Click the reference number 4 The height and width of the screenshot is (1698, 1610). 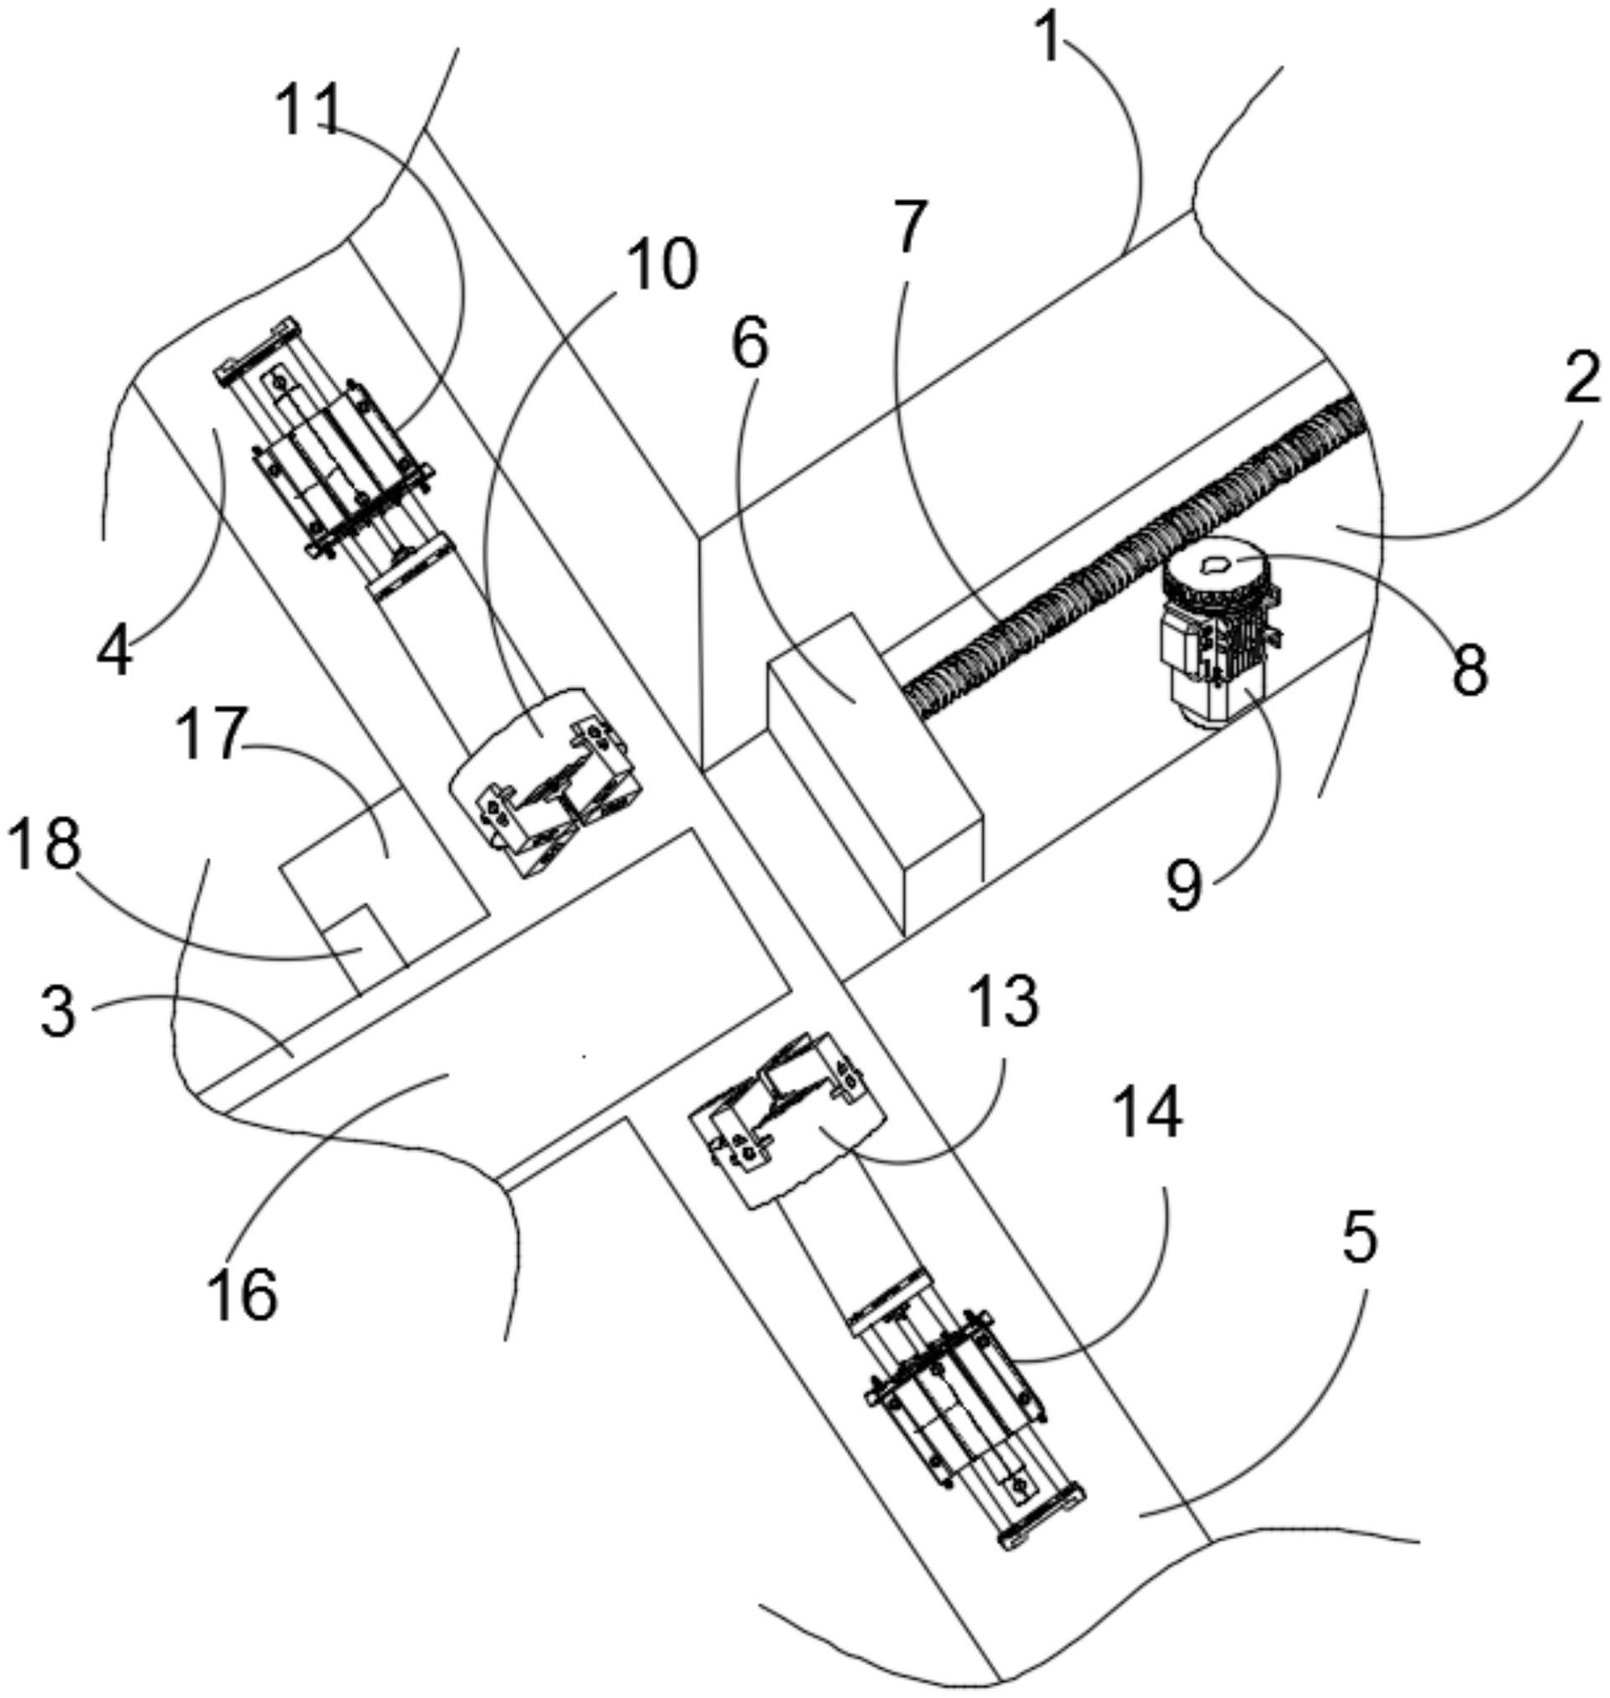click(x=114, y=654)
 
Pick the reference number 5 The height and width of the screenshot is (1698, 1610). click(x=1357, y=1238)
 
